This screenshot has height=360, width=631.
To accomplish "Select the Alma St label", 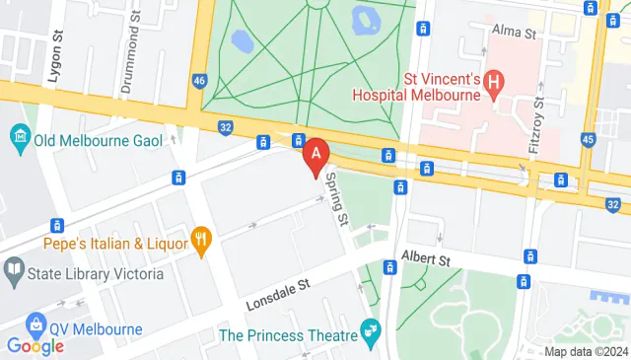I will click(x=513, y=33).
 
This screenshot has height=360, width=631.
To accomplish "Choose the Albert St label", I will click(x=426, y=259).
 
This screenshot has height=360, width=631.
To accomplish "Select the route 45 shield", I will click(x=588, y=139).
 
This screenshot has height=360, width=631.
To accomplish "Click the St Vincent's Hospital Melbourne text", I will click(x=426, y=86).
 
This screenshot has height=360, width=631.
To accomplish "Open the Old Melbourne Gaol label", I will click(x=87, y=140).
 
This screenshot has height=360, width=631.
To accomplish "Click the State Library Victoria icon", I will click(x=14, y=268).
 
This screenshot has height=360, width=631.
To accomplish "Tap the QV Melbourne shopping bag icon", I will click(x=37, y=323).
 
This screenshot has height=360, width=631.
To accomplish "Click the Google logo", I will click(x=35, y=345).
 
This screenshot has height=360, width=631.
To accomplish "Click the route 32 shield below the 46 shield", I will click(x=226, y=126).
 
